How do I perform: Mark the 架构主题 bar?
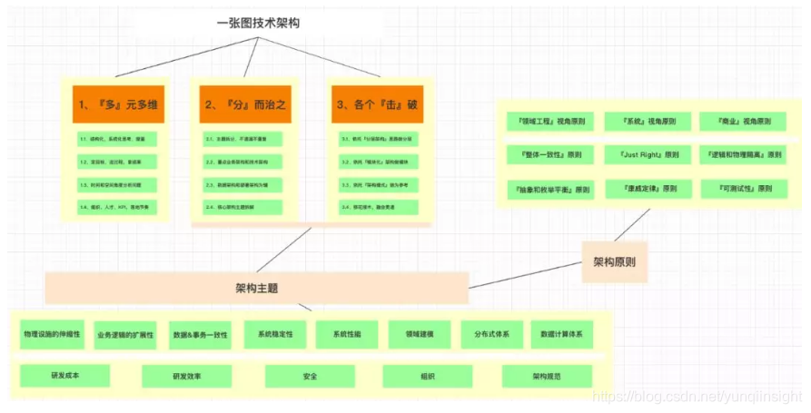point(256,288)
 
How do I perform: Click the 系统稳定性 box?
point(274,334)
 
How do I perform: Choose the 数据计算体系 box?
point(560,334)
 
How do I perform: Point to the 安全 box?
point(310,376)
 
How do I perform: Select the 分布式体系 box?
point(491,334)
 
